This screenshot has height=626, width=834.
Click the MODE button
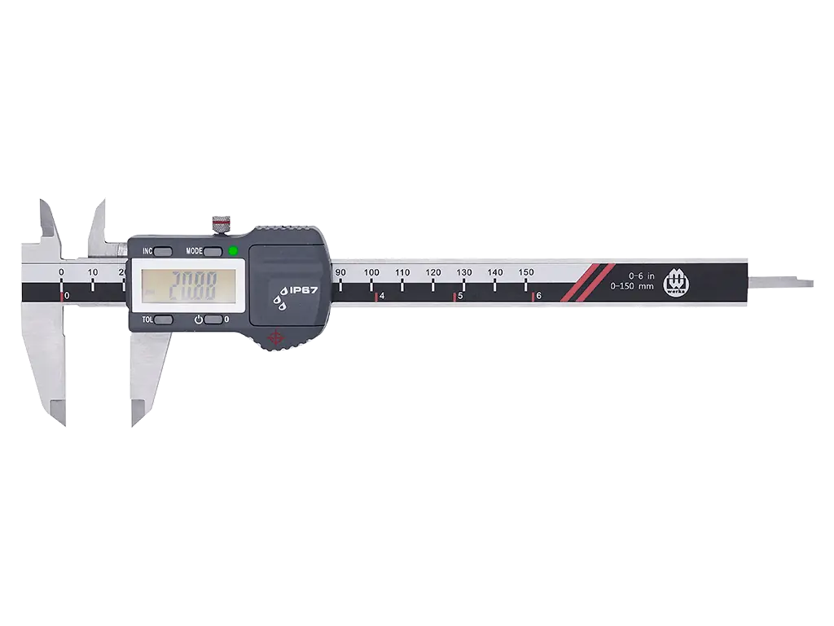coord(214,251)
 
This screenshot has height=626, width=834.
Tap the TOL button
coord(163,320)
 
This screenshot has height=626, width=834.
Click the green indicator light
coord(233,250)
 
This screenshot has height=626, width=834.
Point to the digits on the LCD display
coord(191,286)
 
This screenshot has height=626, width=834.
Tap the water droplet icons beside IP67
coord(282,298)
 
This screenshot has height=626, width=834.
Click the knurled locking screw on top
coord(221,223)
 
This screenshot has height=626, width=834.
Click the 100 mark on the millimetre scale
coord(371,272)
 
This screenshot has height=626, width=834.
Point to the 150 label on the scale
coord(526,272)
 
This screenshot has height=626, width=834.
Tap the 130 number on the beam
coord(464,272)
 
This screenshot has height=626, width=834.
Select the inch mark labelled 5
coord(460,296)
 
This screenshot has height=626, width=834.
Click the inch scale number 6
coord(538,296)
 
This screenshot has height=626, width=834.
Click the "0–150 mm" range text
coord(632,286)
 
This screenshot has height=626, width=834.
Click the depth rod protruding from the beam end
coord(780,283)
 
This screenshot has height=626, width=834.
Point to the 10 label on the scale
coord(93,272)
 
